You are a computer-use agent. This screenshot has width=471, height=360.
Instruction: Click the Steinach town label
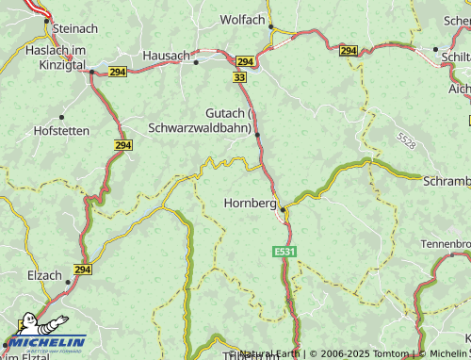[76, 29]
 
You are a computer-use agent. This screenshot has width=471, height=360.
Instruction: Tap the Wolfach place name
[242, 19]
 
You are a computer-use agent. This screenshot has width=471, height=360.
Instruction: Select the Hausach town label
[166, 56]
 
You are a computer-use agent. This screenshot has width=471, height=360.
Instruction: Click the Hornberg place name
[251, 203]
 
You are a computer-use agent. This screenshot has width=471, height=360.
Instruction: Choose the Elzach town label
[44, 277]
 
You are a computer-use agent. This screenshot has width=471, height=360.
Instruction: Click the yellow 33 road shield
[240, 76]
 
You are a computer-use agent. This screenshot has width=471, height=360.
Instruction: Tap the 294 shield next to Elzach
[82, 270]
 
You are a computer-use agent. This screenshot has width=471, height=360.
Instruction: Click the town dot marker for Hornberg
[283, 210]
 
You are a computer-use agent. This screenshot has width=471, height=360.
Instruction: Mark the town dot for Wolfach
[271, 27]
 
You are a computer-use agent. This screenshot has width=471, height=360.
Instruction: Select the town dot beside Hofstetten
[62, 117]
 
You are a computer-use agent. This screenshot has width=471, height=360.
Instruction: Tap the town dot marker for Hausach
[197, 62]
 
